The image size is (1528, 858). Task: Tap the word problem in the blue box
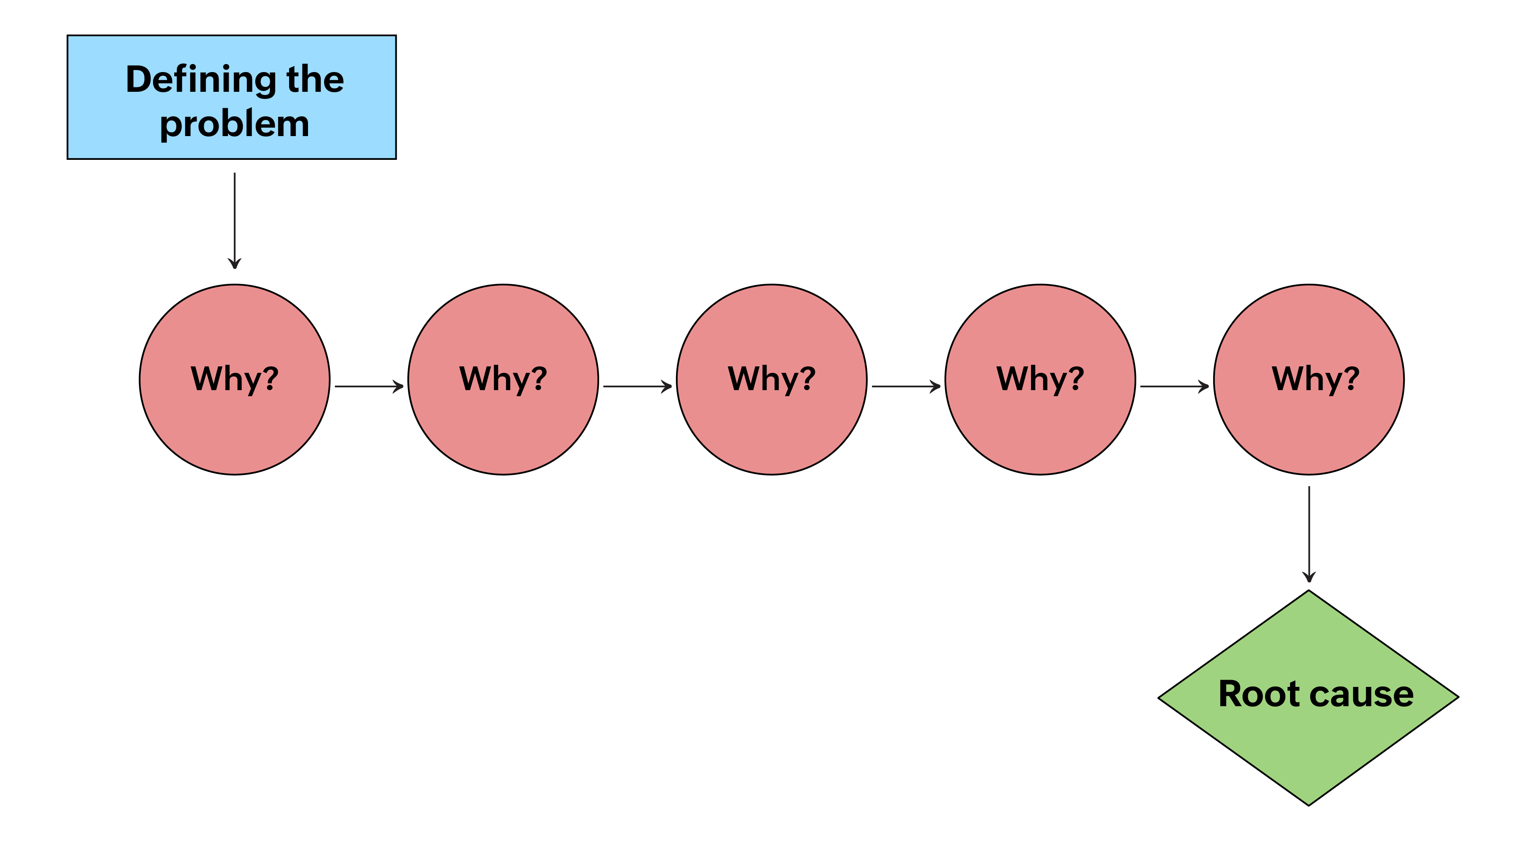234,124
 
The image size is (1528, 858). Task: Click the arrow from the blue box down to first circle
234,219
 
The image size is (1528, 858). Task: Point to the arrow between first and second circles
369,386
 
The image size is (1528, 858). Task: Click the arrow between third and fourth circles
906,386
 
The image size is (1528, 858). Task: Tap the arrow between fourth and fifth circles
1174,386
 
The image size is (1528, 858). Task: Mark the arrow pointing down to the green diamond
1309,534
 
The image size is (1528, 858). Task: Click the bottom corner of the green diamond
1309,804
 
